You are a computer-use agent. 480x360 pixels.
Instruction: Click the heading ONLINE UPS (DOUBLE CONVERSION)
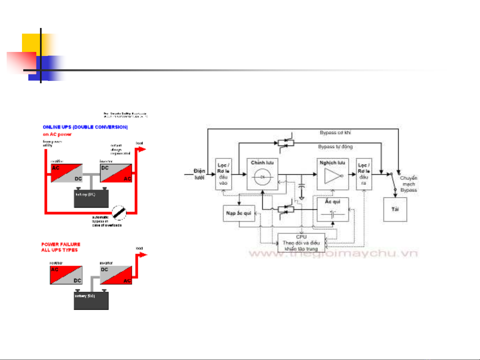85,127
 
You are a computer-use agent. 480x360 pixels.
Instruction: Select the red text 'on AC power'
57,134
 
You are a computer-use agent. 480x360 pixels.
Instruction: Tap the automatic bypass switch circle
119,212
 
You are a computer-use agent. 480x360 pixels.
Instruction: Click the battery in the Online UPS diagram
91,198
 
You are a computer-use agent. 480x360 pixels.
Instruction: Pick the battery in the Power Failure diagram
91,300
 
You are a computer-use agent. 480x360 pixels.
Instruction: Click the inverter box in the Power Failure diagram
116,275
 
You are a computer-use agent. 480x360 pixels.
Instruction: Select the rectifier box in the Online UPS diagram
66,173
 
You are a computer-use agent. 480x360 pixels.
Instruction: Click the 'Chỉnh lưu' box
262,174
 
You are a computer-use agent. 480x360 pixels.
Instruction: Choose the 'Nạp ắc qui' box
239,213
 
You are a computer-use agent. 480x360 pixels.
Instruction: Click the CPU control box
301,243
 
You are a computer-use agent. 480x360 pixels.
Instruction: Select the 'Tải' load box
395,209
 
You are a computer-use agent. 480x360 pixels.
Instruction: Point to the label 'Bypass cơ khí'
335,133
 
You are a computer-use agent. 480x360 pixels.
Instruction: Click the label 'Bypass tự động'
335,147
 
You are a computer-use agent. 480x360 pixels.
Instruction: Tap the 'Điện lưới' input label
199,174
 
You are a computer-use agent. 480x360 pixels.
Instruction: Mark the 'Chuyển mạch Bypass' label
408,184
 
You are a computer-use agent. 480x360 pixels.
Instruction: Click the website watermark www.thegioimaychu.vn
333,254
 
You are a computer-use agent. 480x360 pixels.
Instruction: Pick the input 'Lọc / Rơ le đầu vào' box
223,174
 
